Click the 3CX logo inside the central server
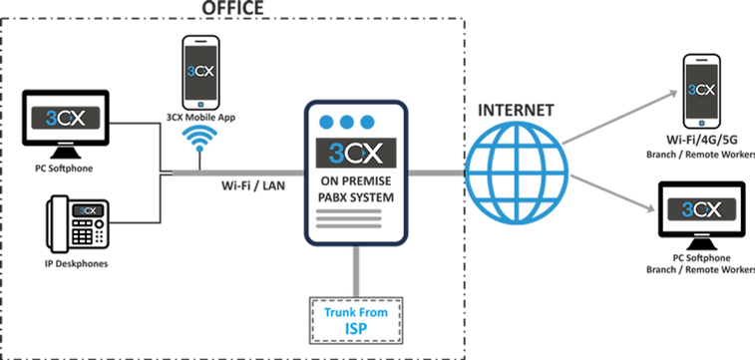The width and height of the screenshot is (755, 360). coord(356,154)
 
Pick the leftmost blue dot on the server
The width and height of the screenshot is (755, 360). coord(324,122)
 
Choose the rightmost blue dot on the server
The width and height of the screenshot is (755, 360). coord(368,122)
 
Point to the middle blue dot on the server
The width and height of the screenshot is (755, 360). coord(346,122)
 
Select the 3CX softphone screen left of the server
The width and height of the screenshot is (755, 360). coord(65,119)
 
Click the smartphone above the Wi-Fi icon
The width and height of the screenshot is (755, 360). coord(199,72)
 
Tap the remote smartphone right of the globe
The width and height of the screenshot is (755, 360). coord(700,91)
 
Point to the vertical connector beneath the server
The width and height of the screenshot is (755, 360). coord(355,268)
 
